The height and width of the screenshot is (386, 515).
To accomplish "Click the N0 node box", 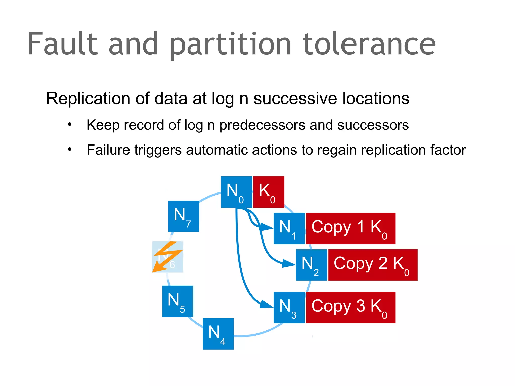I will click(236, 192).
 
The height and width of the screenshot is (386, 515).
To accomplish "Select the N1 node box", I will click(289, 228).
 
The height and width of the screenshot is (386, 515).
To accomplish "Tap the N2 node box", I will click(311, 265).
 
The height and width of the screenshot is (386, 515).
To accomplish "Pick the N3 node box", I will click(289, 307).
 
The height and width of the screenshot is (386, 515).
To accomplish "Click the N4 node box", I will click(218, 334).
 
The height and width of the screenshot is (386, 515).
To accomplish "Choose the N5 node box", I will click(178, 301).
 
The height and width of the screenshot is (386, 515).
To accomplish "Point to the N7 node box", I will click(184, 216).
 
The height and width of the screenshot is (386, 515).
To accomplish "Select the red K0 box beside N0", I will click(269, 192).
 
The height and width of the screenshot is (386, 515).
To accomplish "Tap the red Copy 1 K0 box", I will click(351, 228).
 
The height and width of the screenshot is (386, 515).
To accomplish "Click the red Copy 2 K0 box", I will click(373, 265).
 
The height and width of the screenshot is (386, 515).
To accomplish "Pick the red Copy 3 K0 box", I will click(351, 307).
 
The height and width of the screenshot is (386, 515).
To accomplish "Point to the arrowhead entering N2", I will click(289, 264).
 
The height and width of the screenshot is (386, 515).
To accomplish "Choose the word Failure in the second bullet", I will click(109, 150).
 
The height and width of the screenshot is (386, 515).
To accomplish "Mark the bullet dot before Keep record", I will click(70, 124).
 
